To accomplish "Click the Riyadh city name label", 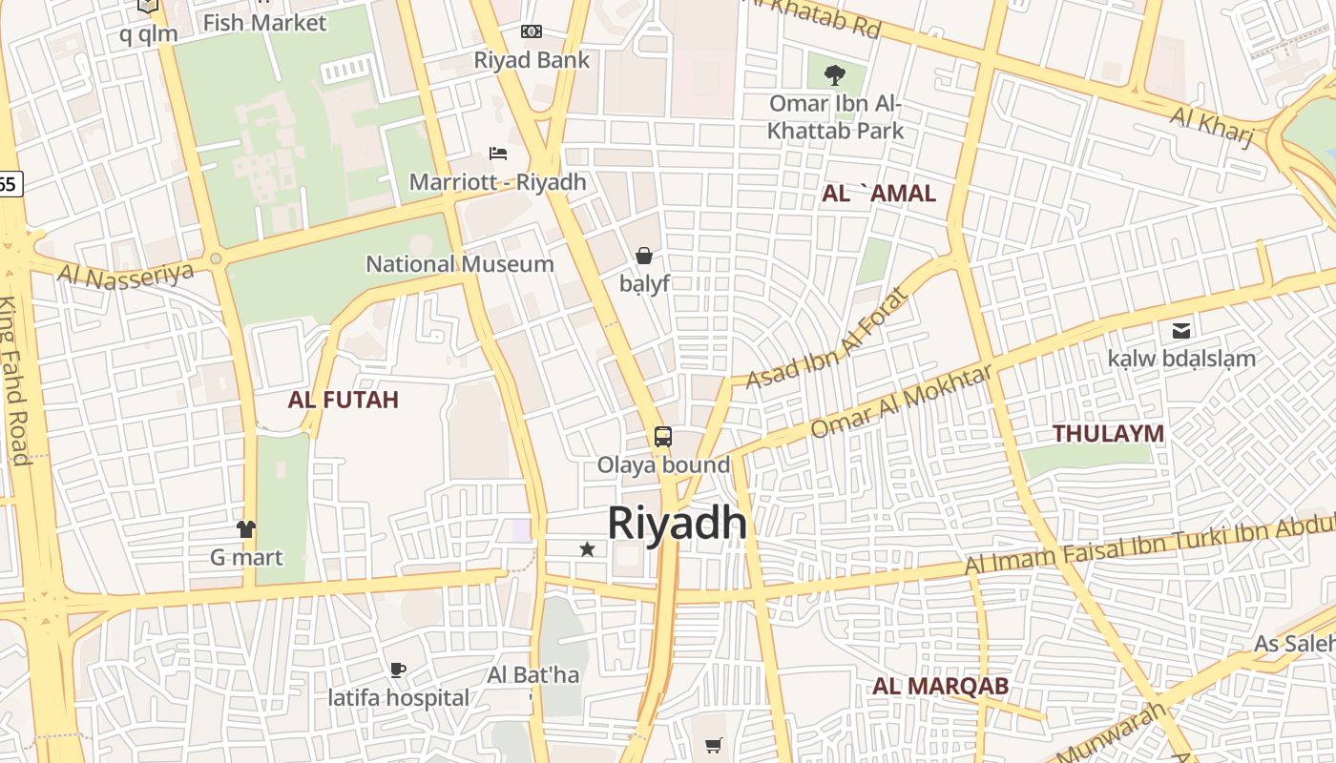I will pyautogui.click(x=677, y=523).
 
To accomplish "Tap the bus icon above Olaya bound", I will pyautogui.click(x=663, y=437).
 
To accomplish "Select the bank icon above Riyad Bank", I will pyautogui.click(x=532, y=31).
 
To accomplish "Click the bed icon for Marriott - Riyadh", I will pyautogui.click(x=497, y=153).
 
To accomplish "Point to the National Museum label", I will pyautogui.click(x=460, y=264).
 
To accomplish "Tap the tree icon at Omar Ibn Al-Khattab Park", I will pyautogui.click(x=835, y=74).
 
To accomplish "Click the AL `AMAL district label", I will pyautogui.click(x=879, y=194).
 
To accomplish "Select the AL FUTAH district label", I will pyautogui.click(x=343, y=400).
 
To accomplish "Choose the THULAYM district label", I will pyautogui.click(x=1108, y=434).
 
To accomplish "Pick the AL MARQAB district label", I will pyautogui.click(x=940, y=687).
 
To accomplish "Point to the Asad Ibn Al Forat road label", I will pyautogui.click(x=827, y=340).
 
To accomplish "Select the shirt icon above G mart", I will pyautogui.click(x=246, y=528).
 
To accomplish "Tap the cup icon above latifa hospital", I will pyautogui.click(x=398, y=670).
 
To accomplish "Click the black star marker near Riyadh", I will pyautogui.click(x=587, y=549).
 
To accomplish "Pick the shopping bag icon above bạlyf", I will pyautogui.click(x=644, y=256).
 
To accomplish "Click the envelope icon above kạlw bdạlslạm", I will pyautogui.click(x=1181, y=331).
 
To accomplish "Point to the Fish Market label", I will pyautogui.click(x=264, y=23).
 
